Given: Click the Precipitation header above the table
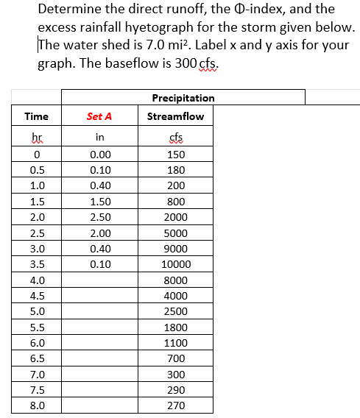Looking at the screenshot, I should pos(183,98).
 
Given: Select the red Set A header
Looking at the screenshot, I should pos(99,116).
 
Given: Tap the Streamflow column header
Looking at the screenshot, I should pos(175,116).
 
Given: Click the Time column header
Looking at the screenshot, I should pos(36,116).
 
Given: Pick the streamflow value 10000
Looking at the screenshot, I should pos(175,264).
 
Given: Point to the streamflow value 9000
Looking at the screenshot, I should pos(175,248).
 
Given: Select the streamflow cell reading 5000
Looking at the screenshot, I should pos(175,233).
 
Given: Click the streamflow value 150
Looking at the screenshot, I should pos(175,155).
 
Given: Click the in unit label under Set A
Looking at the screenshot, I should pos(99,137).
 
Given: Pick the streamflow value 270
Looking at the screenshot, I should pos(175,405).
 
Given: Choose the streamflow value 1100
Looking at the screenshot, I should pos(175,342).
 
